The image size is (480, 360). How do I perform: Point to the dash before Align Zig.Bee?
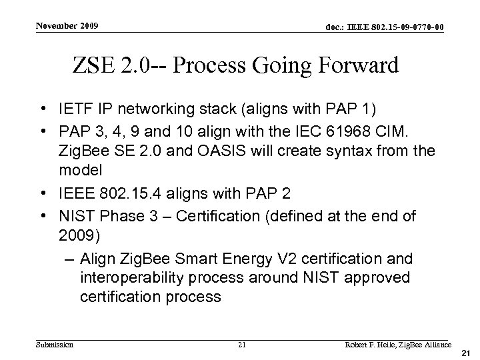click(x=69, y=259)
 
